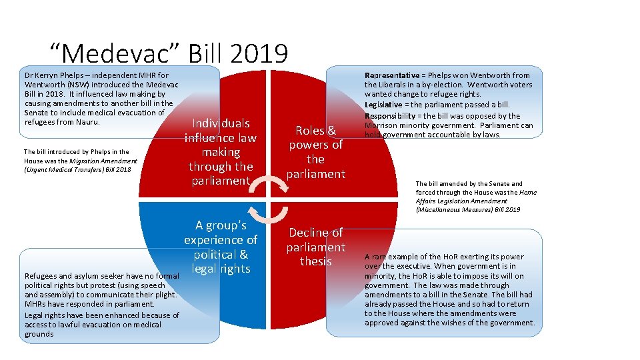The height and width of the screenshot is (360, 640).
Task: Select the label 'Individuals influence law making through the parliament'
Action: [x=220, y=152]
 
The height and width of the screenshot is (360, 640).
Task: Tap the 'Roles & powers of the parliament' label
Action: [x=316, y=152]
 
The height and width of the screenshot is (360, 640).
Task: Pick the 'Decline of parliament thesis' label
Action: [x=316, y=247]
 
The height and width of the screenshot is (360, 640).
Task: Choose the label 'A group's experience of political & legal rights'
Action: [x=221, y=247]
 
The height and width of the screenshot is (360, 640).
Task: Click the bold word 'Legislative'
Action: [x=384, y=105]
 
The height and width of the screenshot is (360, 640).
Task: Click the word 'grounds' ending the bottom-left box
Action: [x=39, y=333]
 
